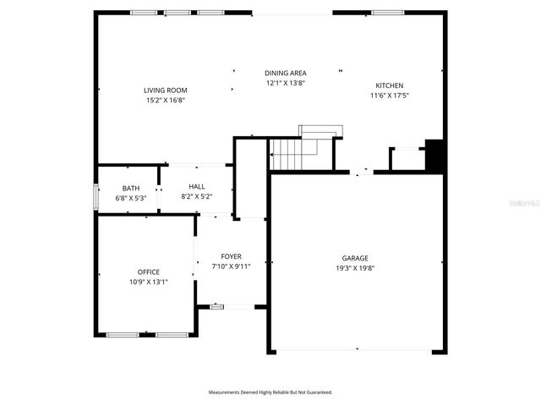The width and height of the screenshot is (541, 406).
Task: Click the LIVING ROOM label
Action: click(x=165, y=91)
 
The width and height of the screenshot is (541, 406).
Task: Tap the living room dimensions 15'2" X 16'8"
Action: click(x=165, y=100)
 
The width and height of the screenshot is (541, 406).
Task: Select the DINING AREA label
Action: click(x=286, y=74)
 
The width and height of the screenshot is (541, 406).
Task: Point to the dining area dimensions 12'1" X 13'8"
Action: click(x=286, y=83)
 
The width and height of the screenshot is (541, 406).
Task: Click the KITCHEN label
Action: click(x=390, y=85)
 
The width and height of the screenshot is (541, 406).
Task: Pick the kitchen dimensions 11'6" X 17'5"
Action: click(x=390, y=96)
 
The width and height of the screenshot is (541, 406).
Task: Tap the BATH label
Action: click(x=131, y=188)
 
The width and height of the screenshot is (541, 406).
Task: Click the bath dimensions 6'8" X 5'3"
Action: click(x=131, y=197)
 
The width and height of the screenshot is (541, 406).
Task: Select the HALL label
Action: click(x=197, y=187)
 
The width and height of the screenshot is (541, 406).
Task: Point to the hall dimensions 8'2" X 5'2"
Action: click(x=197, y=196)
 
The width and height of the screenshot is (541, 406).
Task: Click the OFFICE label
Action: click(x=149, y=272)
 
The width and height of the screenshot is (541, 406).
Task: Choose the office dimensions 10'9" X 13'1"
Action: click(x=149, y=282)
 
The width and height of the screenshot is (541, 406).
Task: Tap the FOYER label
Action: click(x=232, y=256)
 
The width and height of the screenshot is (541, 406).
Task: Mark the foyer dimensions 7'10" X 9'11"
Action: click(x=232, y=266)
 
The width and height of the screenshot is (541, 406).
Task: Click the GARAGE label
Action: click(x=355, y=258)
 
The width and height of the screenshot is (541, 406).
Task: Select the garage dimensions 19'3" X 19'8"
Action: click(x=355, y=267)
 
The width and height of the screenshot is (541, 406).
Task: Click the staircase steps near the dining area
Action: click(x=292, y=155)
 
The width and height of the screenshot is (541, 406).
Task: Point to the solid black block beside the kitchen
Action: click(x=434, y=156)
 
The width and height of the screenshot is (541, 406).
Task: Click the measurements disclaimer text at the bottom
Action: click(x=270, y=392)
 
